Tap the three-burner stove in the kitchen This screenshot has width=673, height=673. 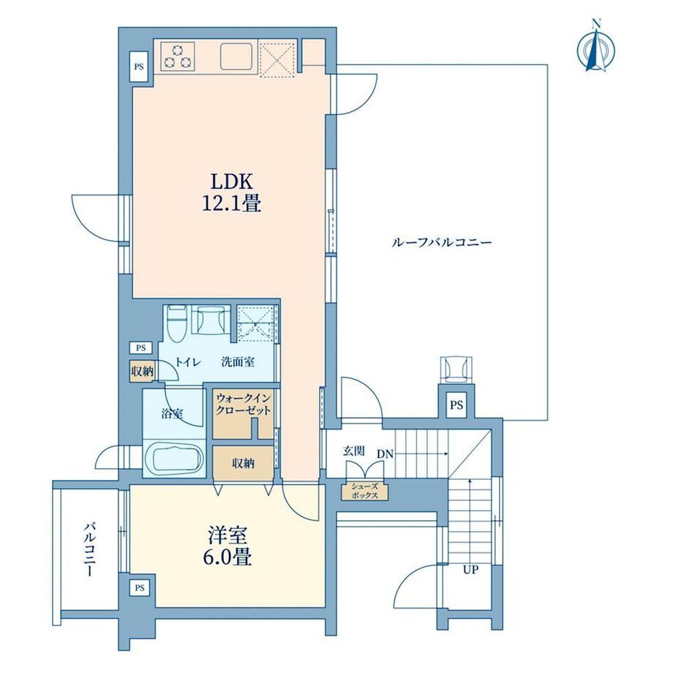178,56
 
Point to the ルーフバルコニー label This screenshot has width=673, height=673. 442,243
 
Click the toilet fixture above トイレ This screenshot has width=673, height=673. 176,323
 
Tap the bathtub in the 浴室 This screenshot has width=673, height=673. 174,459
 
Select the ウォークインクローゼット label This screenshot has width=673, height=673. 244,404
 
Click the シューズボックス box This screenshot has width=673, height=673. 365,491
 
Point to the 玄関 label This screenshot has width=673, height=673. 353,451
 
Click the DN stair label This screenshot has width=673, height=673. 385,454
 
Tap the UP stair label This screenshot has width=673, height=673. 470,570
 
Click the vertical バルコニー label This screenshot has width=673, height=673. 90,549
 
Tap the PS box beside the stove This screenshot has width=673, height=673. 139,67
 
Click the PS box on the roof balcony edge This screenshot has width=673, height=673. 456,405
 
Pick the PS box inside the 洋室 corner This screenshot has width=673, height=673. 140,588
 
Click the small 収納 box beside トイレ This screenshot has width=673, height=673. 142,372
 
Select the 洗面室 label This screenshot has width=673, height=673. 238,362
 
